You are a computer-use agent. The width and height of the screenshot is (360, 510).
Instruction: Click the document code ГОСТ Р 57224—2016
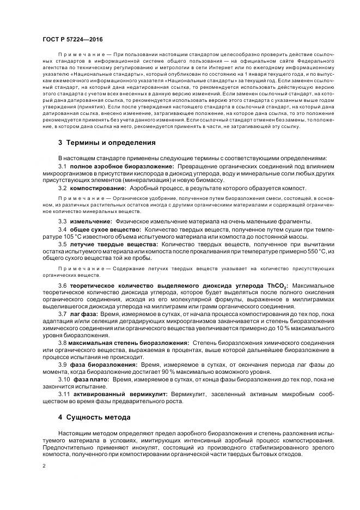72,40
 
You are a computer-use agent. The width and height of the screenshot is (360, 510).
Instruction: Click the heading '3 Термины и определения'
107,143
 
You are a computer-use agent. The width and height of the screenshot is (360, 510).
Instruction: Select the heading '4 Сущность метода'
94,417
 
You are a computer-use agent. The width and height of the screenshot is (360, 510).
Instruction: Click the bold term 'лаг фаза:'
84,314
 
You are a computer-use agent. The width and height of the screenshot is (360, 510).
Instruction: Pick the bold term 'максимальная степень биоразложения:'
130,343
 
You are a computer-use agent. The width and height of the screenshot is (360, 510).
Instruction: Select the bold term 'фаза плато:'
89,379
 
